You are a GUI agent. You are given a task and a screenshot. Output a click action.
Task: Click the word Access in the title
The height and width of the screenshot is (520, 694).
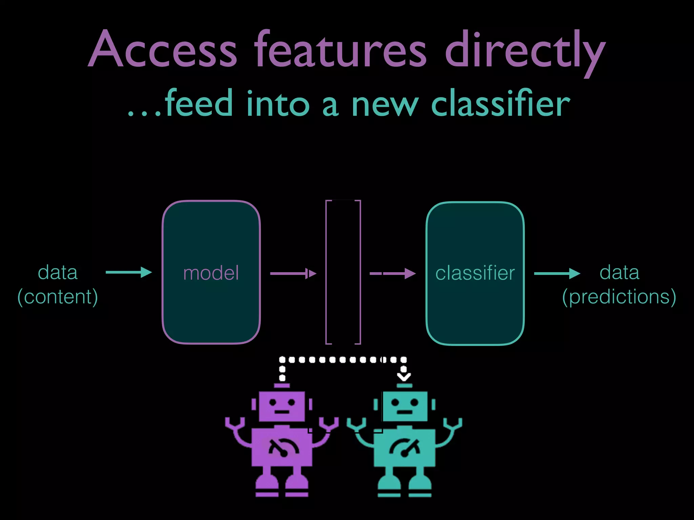click(163, 49)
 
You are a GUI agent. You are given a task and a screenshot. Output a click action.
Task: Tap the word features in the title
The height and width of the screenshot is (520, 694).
click(341, 49)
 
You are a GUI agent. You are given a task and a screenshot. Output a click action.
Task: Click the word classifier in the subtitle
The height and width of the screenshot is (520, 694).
click(501, 103)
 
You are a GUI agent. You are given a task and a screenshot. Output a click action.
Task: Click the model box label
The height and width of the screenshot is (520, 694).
click(211, 273)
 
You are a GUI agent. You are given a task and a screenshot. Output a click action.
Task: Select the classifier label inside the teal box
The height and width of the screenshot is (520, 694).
click(475, 273)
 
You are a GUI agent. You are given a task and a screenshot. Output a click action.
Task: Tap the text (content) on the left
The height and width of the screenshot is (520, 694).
click(58, 297)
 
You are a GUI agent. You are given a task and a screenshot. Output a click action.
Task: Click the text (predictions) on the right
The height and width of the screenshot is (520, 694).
click(619, 297)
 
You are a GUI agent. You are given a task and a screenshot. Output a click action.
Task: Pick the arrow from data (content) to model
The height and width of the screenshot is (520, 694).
click(129, 272)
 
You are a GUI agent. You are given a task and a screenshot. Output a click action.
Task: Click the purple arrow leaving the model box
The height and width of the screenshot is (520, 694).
click(293, 273)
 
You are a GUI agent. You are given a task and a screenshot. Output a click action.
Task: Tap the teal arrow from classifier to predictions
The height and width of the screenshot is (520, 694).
click(557, 273)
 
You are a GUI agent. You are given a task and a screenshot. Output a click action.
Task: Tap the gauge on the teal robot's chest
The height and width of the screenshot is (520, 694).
click(405, 447)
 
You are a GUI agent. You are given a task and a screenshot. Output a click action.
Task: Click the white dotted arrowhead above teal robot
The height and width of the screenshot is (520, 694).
click(404, 376)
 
